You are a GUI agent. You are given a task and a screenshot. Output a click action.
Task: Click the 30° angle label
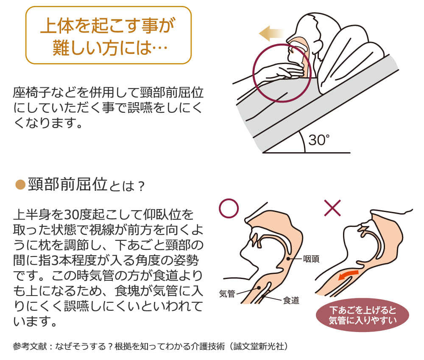tap(319, 140)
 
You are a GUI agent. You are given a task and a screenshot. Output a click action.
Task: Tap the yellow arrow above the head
tap(271, 33)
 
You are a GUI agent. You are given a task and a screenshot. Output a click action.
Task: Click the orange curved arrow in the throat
tap(349, 274)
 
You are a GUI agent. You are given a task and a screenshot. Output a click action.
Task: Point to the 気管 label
tap(227, 293)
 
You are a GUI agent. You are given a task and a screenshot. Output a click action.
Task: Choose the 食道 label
tap(291, 301)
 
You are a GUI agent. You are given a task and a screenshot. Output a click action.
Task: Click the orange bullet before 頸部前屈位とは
tap(20, 185)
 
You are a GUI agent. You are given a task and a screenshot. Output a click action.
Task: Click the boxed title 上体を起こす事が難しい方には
tap(108, 35)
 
